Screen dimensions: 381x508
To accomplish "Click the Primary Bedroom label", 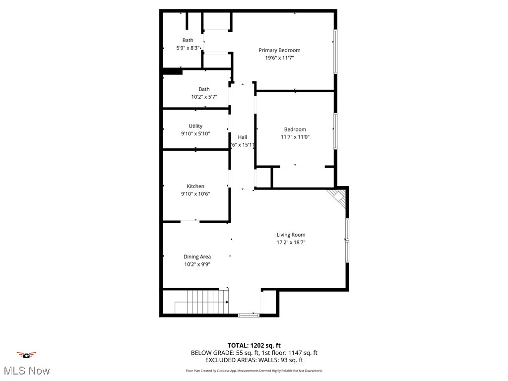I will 279,50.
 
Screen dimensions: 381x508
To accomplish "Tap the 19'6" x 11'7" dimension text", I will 279,58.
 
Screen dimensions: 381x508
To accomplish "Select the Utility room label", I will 195,126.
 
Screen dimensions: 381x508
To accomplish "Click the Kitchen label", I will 195,186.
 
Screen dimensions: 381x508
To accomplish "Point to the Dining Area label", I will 197,256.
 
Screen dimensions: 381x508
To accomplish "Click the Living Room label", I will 291,235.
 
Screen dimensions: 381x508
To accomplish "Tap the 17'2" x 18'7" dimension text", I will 291,243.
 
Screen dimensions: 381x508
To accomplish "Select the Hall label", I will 243,137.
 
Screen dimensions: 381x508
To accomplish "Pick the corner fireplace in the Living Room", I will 339,197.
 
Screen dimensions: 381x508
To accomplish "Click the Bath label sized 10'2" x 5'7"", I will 204,89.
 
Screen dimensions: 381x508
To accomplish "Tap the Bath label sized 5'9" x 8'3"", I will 188,40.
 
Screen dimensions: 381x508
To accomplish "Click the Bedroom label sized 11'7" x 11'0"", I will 295,129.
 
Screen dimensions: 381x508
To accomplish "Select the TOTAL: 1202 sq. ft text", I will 254,345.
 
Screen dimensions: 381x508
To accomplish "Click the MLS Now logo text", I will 26,371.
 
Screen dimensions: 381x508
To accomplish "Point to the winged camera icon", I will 26,355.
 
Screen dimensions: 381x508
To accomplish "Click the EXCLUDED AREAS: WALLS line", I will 254,360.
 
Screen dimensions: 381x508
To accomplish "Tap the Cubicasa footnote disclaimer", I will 254,371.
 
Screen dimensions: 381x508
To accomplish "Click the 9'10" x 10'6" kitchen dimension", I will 195,194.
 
